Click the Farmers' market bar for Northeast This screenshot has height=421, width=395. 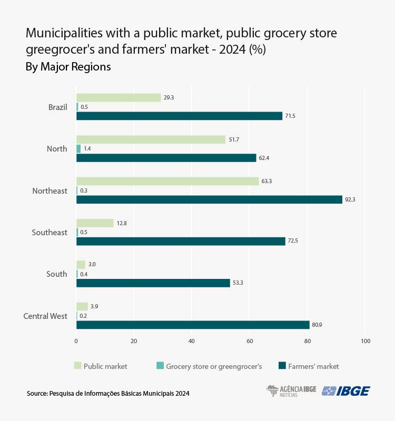coord(209,199)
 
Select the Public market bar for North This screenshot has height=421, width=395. coord(151,139)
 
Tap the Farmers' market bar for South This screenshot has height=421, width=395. coord(153,283)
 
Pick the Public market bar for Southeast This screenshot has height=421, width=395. coord(95,223)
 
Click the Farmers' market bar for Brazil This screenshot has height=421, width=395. coord(179,116)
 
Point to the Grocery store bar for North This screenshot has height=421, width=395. coord(78,149)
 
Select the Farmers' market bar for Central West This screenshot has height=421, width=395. coord(193,325)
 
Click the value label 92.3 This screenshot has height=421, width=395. coord(350,199)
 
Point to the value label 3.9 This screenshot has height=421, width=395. coord(95,306)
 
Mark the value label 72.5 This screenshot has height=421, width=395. coord(293,241)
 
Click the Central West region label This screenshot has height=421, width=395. coord(45,316)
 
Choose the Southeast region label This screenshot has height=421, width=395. coord(50,232)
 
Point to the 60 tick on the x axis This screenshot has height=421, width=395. coord(250,342)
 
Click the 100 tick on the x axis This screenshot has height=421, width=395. coord(365,342)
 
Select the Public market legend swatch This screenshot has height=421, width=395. coord(78,366)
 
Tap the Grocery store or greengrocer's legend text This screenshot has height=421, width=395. coord(214,366)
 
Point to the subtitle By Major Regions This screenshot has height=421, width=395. coord(68,67)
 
